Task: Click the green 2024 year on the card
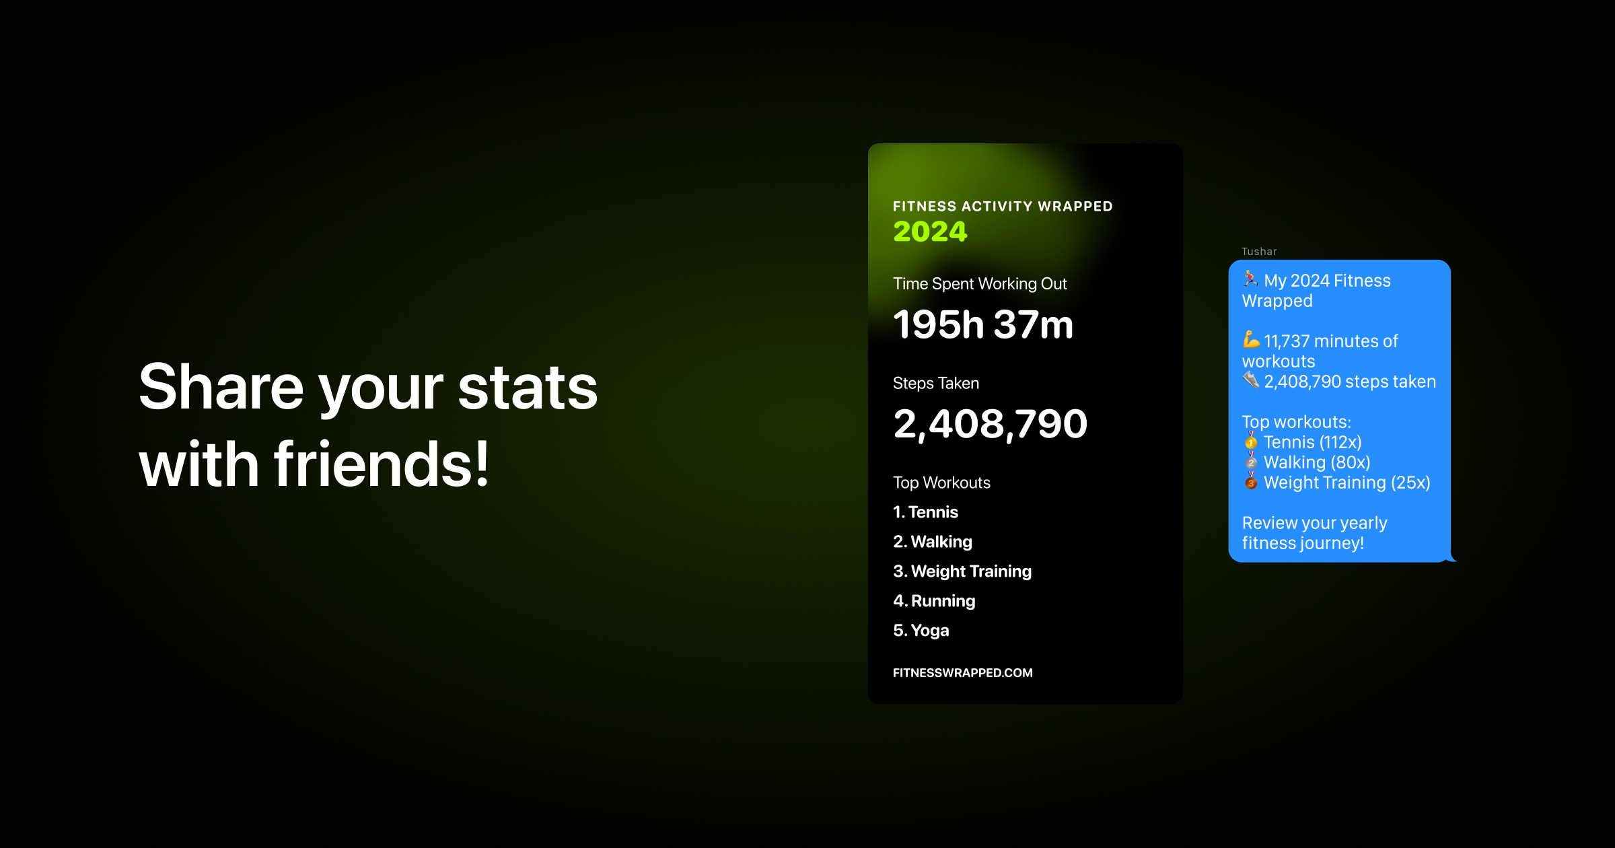[x=930, y=232]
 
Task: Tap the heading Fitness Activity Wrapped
[x=1003, y=207]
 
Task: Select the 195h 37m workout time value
[x=983, y=324]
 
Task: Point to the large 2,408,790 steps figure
[x=990, y=425]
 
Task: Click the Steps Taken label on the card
[x=936, y=383]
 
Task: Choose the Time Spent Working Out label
[x=980, y=284]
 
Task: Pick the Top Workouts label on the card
[x=941, y=483]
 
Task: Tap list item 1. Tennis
[x=925, y=512]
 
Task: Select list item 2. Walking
[x=933, y=542]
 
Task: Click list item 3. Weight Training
[x=962, y=571]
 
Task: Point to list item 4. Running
[x=934, y=601]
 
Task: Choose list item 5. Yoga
[x=921, y=631]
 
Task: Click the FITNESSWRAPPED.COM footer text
[x=962, y=673]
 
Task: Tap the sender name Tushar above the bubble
[x=1259, y=252]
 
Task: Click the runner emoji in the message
[x=1250, y=279]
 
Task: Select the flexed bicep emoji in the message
[x=1251, y=340]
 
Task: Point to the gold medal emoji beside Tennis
[x=1251, y=441]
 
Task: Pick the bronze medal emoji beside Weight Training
[x=1251, y=481]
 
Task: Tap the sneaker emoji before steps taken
[x=1251, y=380]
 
